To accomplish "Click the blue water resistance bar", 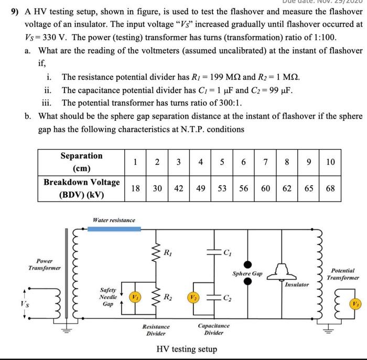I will tap(110, 229).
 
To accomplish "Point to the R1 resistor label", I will tap(167, 252).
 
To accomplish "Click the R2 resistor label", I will tap(167, 298).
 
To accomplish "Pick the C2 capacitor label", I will tap(226, 300).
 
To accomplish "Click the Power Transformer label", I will tap(45, 264).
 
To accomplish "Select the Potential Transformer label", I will tap(343, 273).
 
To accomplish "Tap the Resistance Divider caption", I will tap(156, 330).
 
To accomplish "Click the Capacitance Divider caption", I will tap(214, 330).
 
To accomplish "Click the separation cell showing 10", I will tap(330, 162).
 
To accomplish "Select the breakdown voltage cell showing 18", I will tap(135, 188).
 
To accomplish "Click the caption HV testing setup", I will tap(187, 350).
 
